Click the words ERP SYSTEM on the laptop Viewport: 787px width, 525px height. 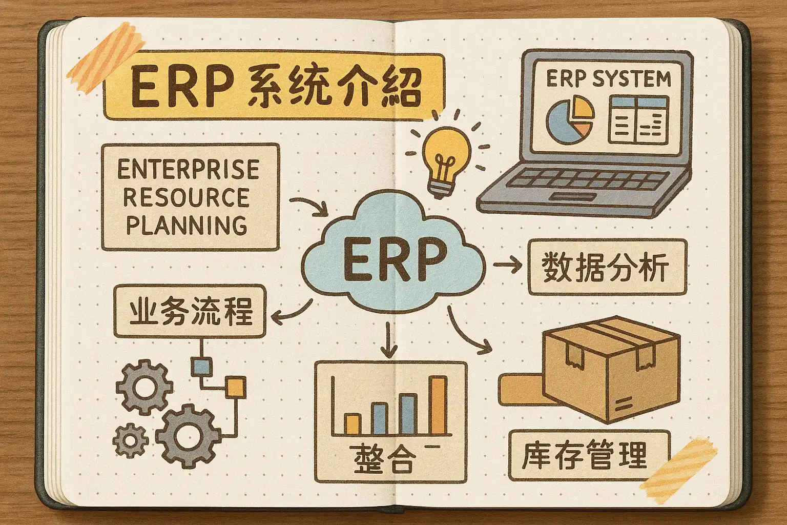click(x=608, y=79)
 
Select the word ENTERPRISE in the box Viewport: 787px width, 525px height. click(x=188, y=169)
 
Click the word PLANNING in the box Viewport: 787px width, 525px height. click(x=187, y=225)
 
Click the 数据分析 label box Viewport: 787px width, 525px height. click(x=607, y=268)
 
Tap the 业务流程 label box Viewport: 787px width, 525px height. click(x=190, y=311)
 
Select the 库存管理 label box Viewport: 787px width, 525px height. click(x=588, y=455)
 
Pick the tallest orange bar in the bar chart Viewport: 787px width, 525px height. click(x=437, y=406)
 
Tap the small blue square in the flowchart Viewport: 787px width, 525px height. click(x=201, y=366)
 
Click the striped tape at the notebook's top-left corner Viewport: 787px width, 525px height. click(x=105, y=56)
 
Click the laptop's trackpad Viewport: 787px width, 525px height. click(x=573, y=198)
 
